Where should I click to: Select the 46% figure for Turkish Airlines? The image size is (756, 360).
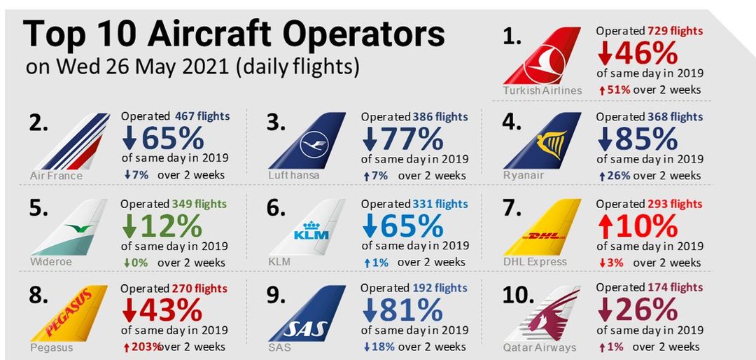tap(637, 54)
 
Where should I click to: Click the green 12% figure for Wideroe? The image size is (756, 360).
tap(162, 226)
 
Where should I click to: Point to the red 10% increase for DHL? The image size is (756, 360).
tap(637, 226)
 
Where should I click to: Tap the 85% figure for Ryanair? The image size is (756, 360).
tap(637, 139)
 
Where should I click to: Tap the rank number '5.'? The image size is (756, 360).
tap(39, 209)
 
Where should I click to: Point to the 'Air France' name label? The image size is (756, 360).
tap(56, 175)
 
